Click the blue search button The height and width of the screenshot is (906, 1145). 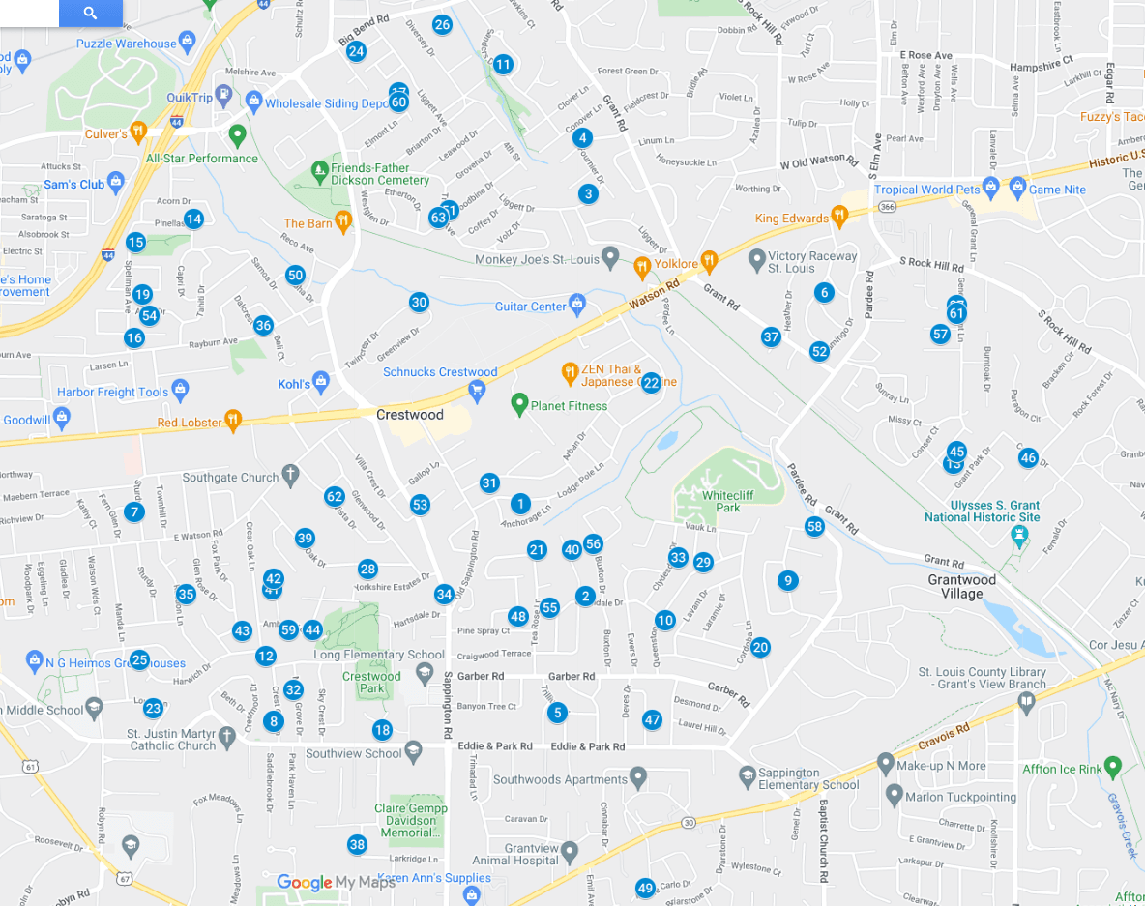[x=90, y=13]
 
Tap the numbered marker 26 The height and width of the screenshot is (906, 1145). [x=442, y=25]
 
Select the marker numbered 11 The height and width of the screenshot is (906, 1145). [x=503, y=65]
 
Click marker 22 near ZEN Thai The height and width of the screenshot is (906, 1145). [x=651, y=382]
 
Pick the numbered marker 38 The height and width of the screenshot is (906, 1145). [x=357, y=845]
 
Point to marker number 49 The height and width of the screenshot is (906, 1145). [x=645, y=888]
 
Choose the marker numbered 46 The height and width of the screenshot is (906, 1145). [x=1028, y=458]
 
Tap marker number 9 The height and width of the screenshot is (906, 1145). [x=788, y=580]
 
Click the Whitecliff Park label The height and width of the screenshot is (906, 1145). [x=721, y=501]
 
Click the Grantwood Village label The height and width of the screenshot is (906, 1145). [x=961, y=587]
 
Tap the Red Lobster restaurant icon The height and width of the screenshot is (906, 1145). [x=232, y=421]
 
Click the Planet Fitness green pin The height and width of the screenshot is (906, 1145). [x=519, y=403]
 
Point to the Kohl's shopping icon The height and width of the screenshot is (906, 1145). [x=321, y=383]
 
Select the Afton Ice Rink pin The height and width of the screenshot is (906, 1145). [x=1113, y=767]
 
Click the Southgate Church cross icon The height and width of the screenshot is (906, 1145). [x=289, y=475]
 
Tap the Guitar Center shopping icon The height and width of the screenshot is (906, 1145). [x=577, y=305]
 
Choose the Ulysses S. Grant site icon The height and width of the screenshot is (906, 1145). [x=1018, y=534]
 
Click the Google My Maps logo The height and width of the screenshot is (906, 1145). [x=336, y=882]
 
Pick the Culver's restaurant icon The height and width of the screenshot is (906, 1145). [x=138, y=132]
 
